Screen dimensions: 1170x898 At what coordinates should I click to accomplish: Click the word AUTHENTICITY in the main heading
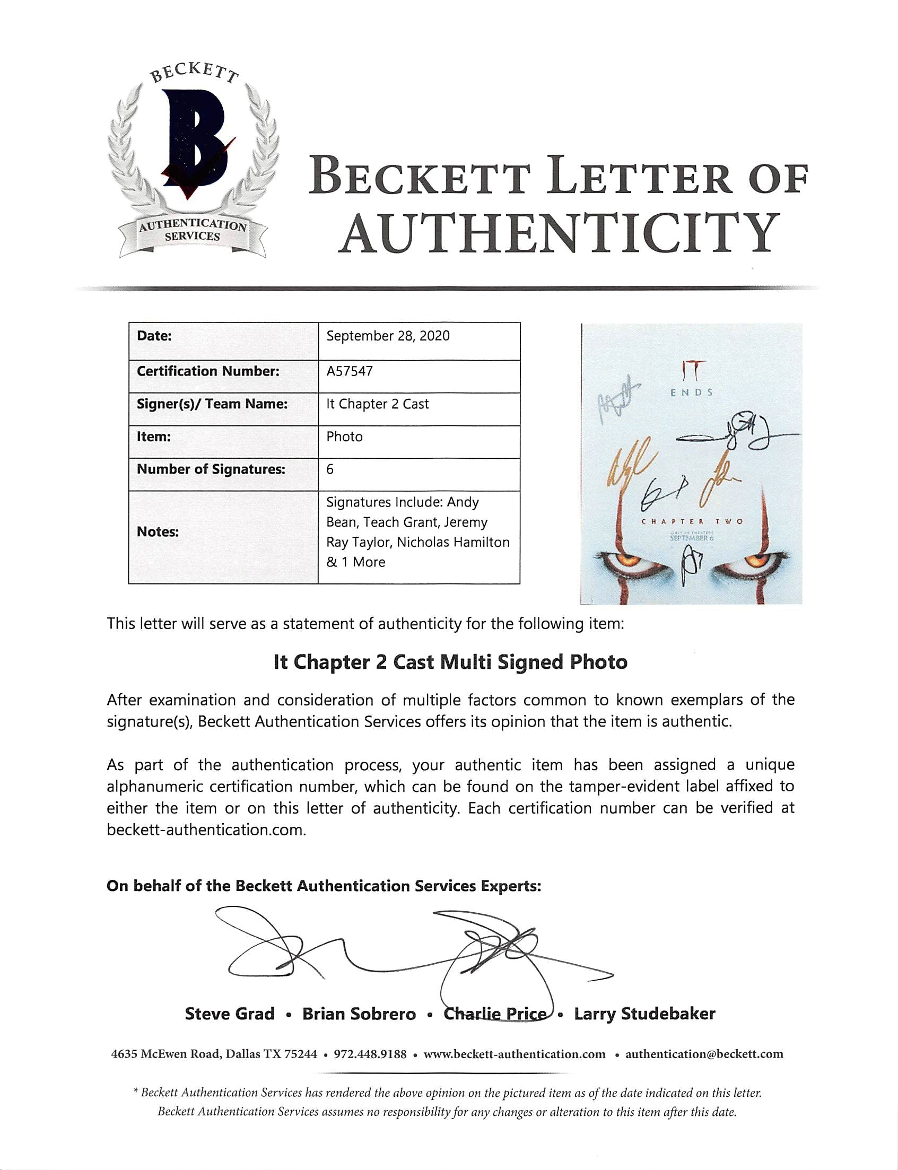tap(558, 234)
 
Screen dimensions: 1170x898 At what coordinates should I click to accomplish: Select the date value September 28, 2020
tap(388, 336)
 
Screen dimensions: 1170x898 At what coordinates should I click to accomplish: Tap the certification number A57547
tap(350, 371)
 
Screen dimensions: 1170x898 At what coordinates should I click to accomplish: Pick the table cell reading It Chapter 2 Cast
tap(377, 404)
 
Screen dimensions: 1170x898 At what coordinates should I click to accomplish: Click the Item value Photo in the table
tap(344, 436)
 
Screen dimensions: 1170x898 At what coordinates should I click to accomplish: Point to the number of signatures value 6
tap(330, 469)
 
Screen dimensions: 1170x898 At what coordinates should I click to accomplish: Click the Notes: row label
tap(158, 532)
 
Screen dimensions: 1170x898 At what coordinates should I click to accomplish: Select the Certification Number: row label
tap(208, 371)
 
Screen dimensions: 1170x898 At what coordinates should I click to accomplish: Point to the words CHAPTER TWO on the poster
tap(692, 521)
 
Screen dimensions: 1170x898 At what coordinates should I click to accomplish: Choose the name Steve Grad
tap(229, 1014)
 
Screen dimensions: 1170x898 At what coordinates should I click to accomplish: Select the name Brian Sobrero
tap(359, 1014)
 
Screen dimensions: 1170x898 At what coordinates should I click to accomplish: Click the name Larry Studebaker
tap(644, 1014)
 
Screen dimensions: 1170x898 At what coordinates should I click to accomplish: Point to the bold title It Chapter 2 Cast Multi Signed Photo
tap(450, 662)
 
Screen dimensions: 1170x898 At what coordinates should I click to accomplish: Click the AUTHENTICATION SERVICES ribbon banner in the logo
tap(193, 231)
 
